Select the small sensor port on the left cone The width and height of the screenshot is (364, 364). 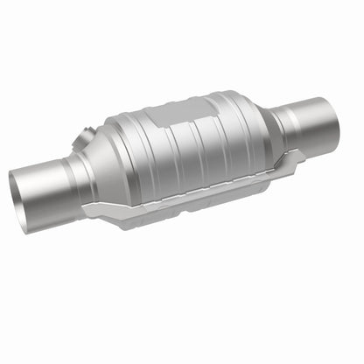tap(85, 137)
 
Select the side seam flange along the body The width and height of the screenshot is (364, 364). tap(201, 189)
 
